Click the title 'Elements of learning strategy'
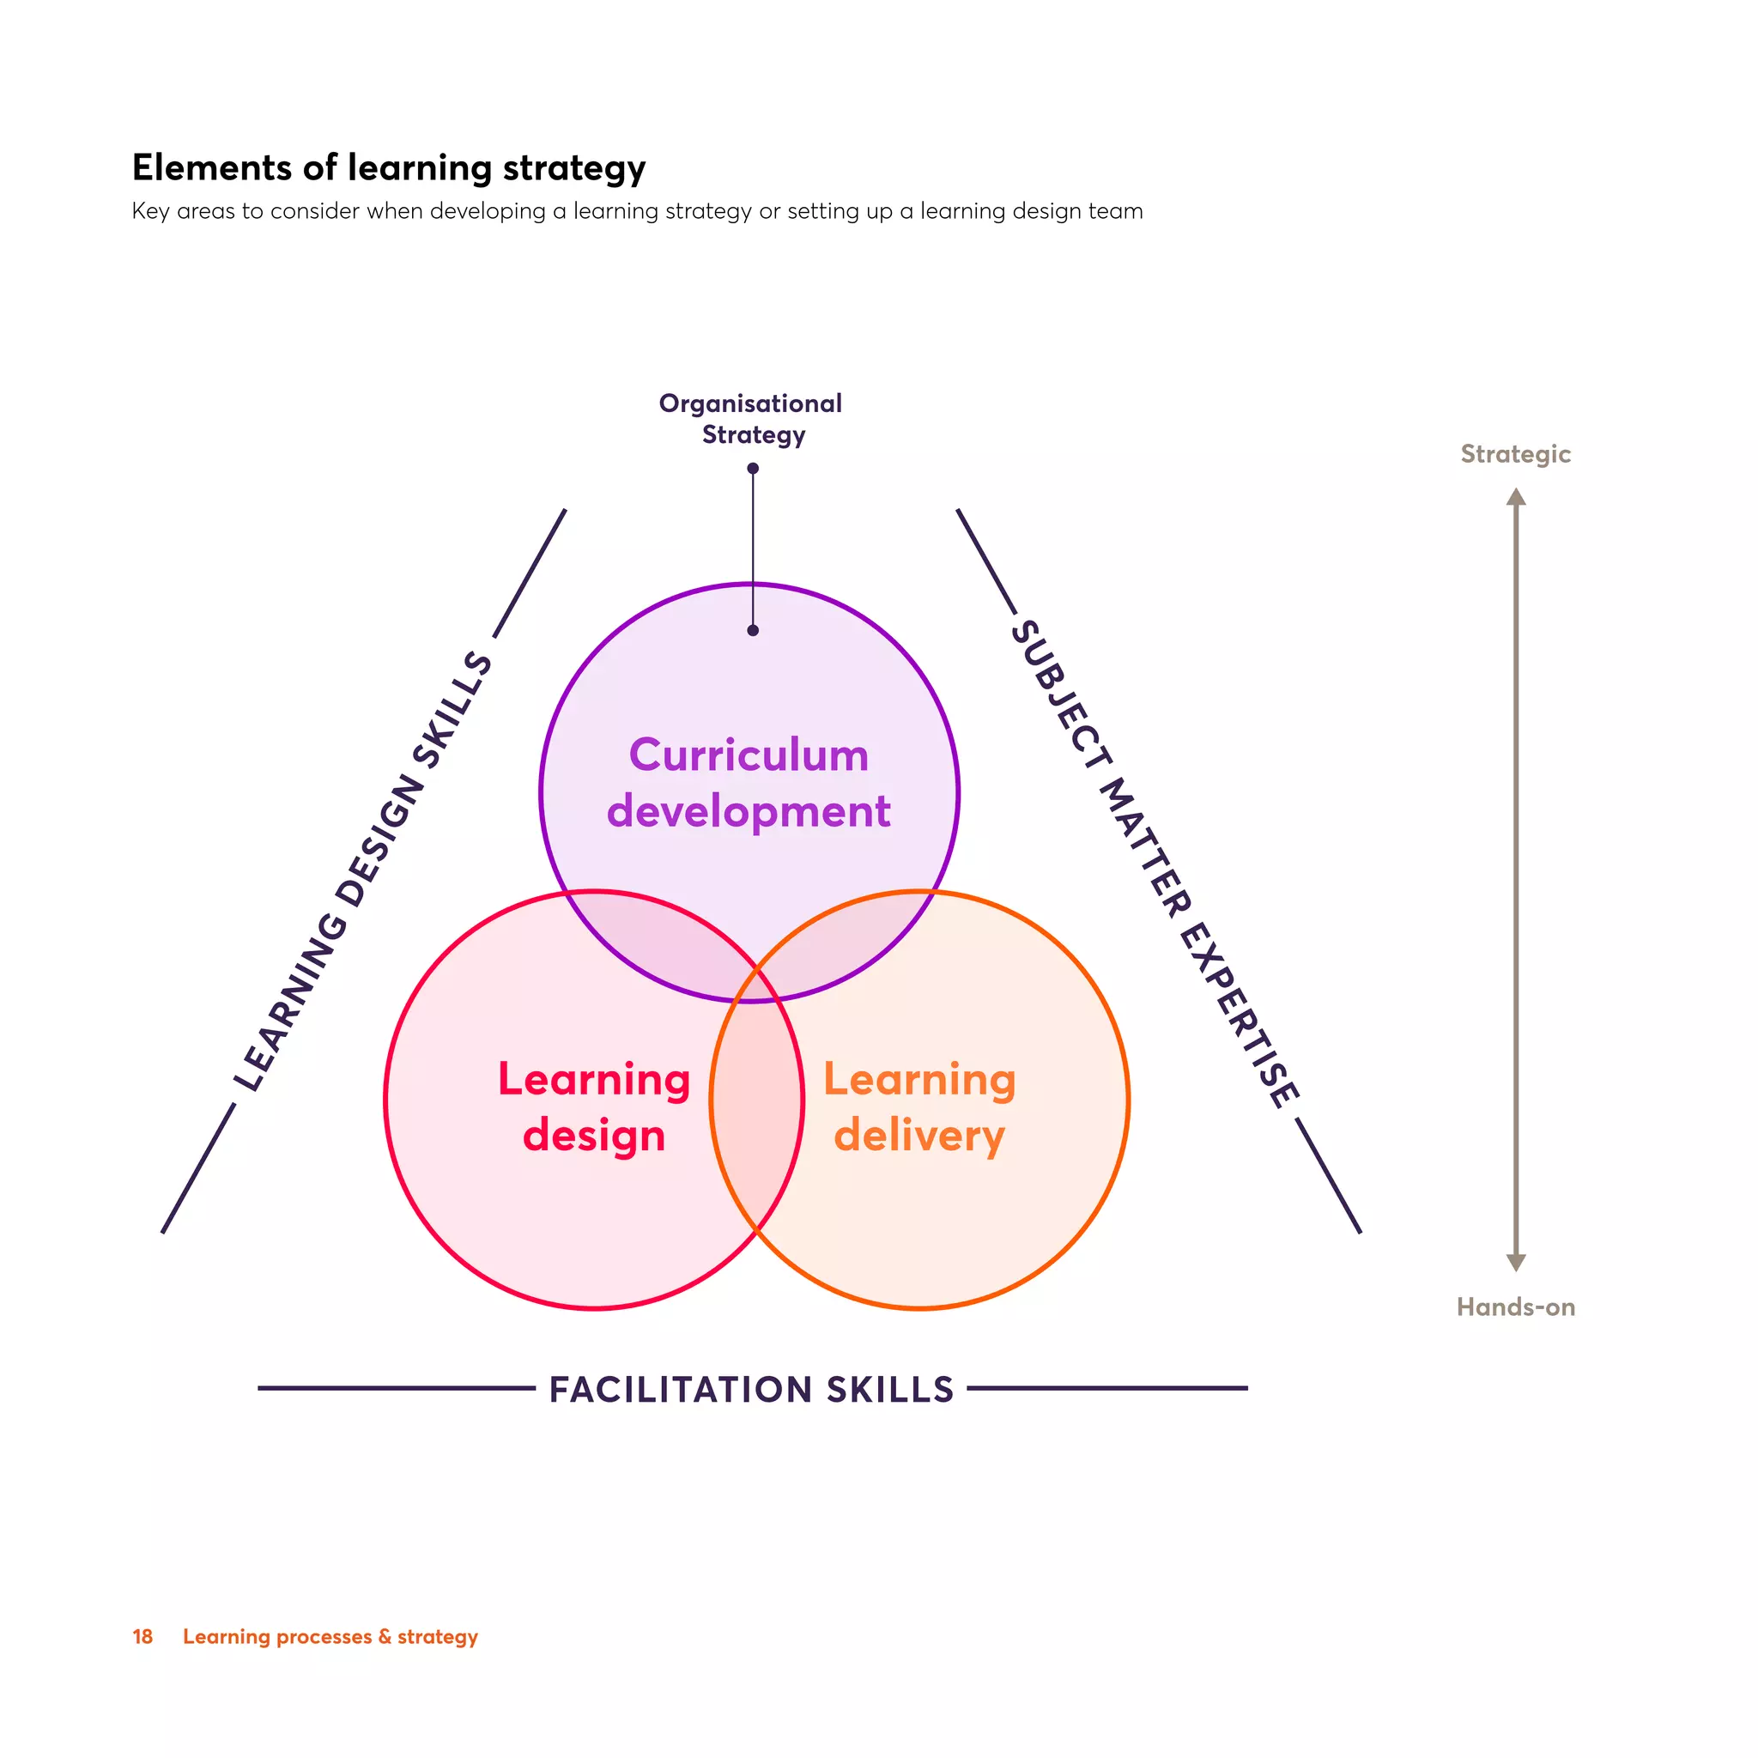389,168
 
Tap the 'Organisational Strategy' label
751,419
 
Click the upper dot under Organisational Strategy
753,469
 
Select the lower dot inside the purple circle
753,631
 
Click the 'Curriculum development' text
749,783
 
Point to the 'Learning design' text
594,1106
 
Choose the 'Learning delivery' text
919,1106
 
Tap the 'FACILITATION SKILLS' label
752,1390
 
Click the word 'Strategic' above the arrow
1515,454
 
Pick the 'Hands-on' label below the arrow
1515,1307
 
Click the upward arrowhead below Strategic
1516,497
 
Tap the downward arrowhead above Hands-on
1516,1262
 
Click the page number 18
142,1636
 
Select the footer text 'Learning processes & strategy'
330,1636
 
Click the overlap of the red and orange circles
757,1101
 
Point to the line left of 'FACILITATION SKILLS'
396,1389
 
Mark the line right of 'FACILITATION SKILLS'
1107,1389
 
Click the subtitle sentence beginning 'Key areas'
637,211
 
